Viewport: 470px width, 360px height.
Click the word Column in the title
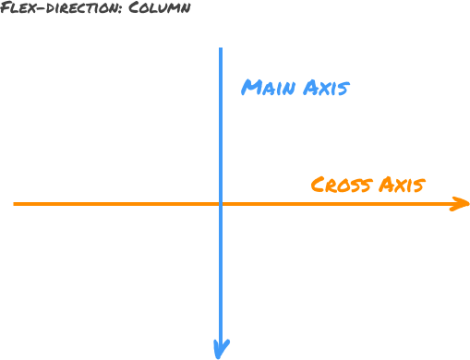(161, 9)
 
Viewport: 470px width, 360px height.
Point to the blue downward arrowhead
(221, 349)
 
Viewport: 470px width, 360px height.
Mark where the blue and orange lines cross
(221, 203)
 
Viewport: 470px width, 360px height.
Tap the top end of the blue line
(221, 48)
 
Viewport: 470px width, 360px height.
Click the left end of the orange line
(15, 203)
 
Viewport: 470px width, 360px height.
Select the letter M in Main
(250, 89)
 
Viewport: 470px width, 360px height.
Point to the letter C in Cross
(319, 185)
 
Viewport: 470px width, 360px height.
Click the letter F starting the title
(6, 9)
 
